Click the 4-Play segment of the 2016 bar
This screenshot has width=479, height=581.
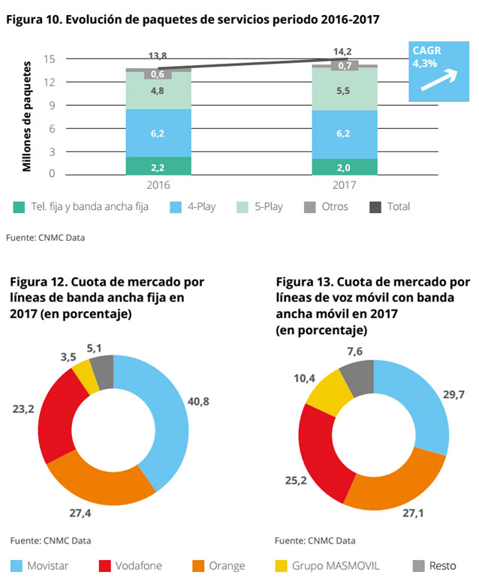click(158, 133)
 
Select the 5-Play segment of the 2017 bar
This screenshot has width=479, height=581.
click(345, 89)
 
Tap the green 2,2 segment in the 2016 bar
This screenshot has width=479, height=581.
click(158, 166)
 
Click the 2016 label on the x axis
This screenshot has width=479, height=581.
click(158, 185)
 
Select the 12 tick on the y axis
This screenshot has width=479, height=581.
click(51, 82)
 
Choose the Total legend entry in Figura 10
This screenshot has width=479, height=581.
click(390, 206)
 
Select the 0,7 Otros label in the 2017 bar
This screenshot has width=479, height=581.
click(345, 66)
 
